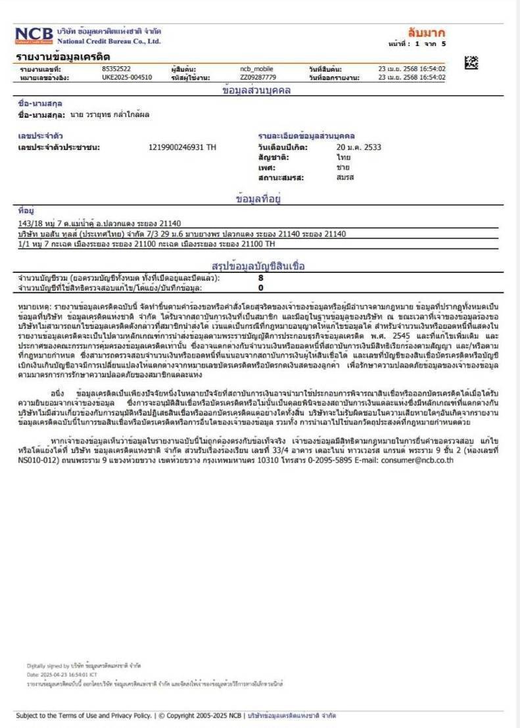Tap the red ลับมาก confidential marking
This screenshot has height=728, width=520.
click(x=426, y=32)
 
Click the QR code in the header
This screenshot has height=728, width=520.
click(x=471, y=64)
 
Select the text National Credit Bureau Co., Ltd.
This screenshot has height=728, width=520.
click(x=108, y=41)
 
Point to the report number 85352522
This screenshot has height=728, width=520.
click(x=116, y=68)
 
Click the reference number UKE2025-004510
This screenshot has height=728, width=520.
click(x=127, y=77)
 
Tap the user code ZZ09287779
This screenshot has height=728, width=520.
click(x=258, y=77)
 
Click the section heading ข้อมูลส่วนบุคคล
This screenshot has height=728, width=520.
click(x=256, y=91)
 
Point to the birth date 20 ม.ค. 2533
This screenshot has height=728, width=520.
click(x=358, y=147)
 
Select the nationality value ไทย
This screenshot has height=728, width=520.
click(x=343, y=157)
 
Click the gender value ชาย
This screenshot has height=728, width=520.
click(x=343, y=168)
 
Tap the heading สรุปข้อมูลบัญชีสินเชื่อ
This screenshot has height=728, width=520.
click(x=258, y=266)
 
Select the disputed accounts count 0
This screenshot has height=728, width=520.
click(x=261, y=287)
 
